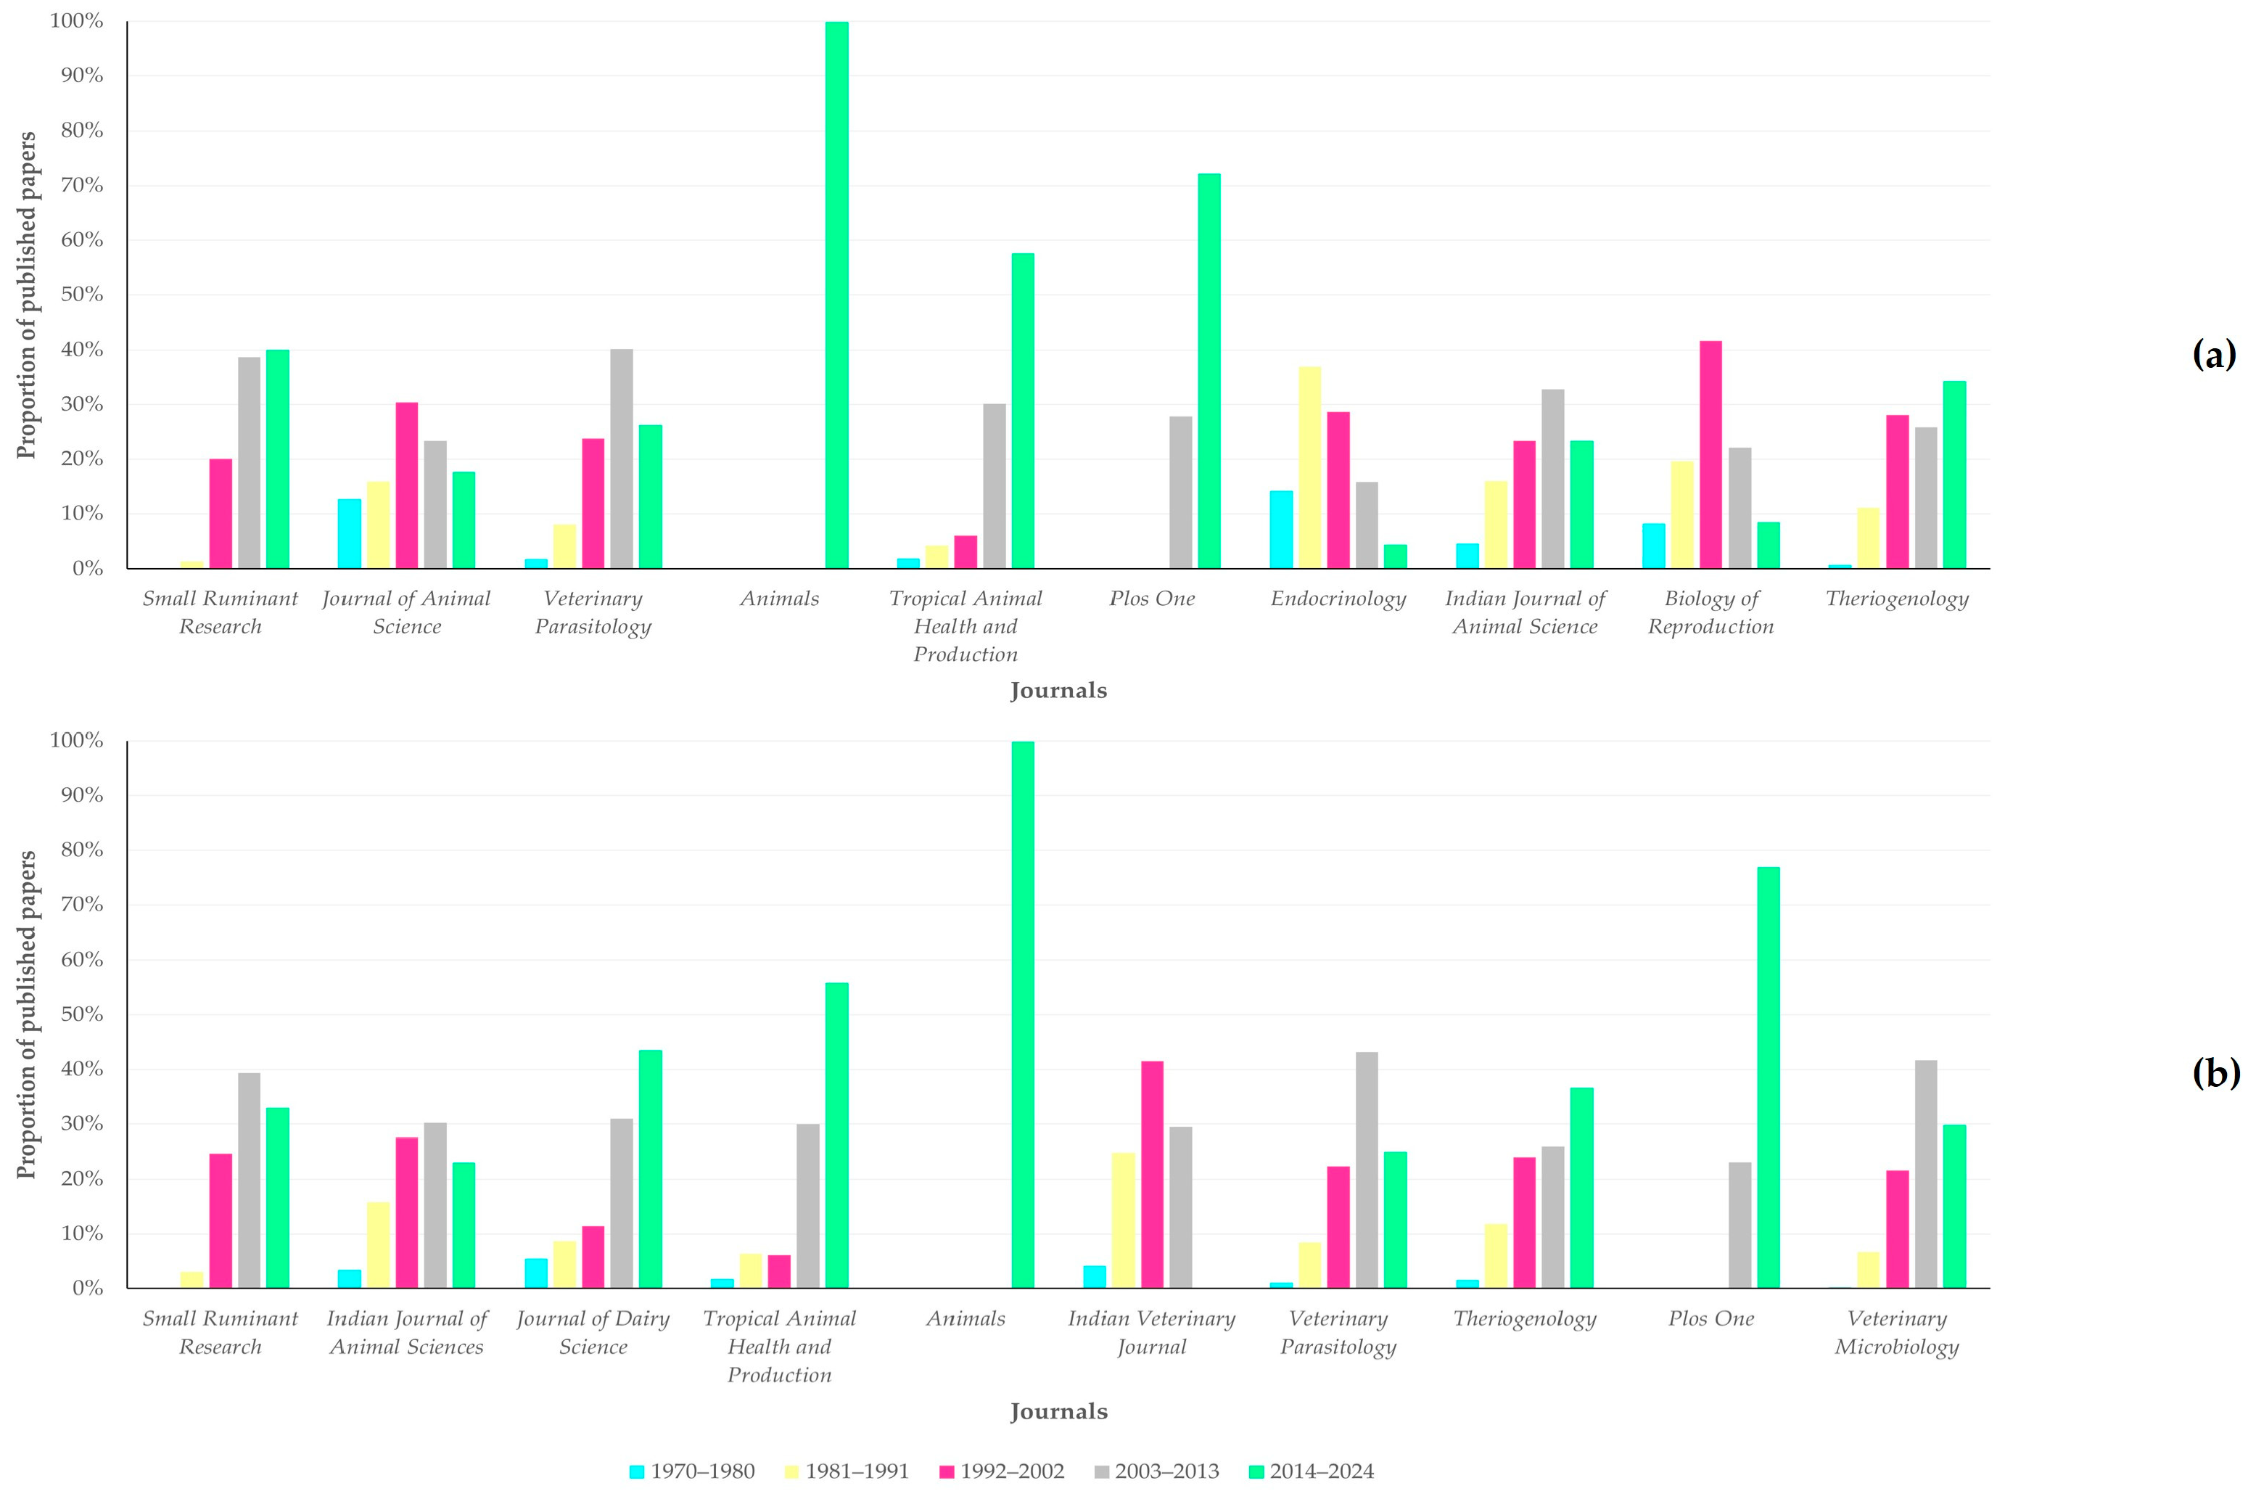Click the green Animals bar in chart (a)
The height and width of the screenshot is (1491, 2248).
836,295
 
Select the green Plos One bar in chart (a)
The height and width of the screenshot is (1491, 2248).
1209,371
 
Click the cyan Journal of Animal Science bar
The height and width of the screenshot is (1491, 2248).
349,533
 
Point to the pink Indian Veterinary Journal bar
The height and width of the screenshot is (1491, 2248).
1152,1175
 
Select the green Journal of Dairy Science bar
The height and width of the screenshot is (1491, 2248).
650,1169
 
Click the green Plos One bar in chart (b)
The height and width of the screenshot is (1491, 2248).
1768,1077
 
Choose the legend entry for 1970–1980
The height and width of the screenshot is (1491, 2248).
692,1471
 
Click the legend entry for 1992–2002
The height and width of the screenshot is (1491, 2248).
1002,1471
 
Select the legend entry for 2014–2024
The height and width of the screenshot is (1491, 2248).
1312,1471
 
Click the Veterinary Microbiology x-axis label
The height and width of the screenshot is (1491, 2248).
1897,1332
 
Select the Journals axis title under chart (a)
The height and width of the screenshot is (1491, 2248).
1059,690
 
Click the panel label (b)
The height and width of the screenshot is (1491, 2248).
2215,1072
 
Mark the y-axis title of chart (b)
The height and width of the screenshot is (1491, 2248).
27,1014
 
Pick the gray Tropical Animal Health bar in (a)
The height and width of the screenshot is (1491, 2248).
995,486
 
